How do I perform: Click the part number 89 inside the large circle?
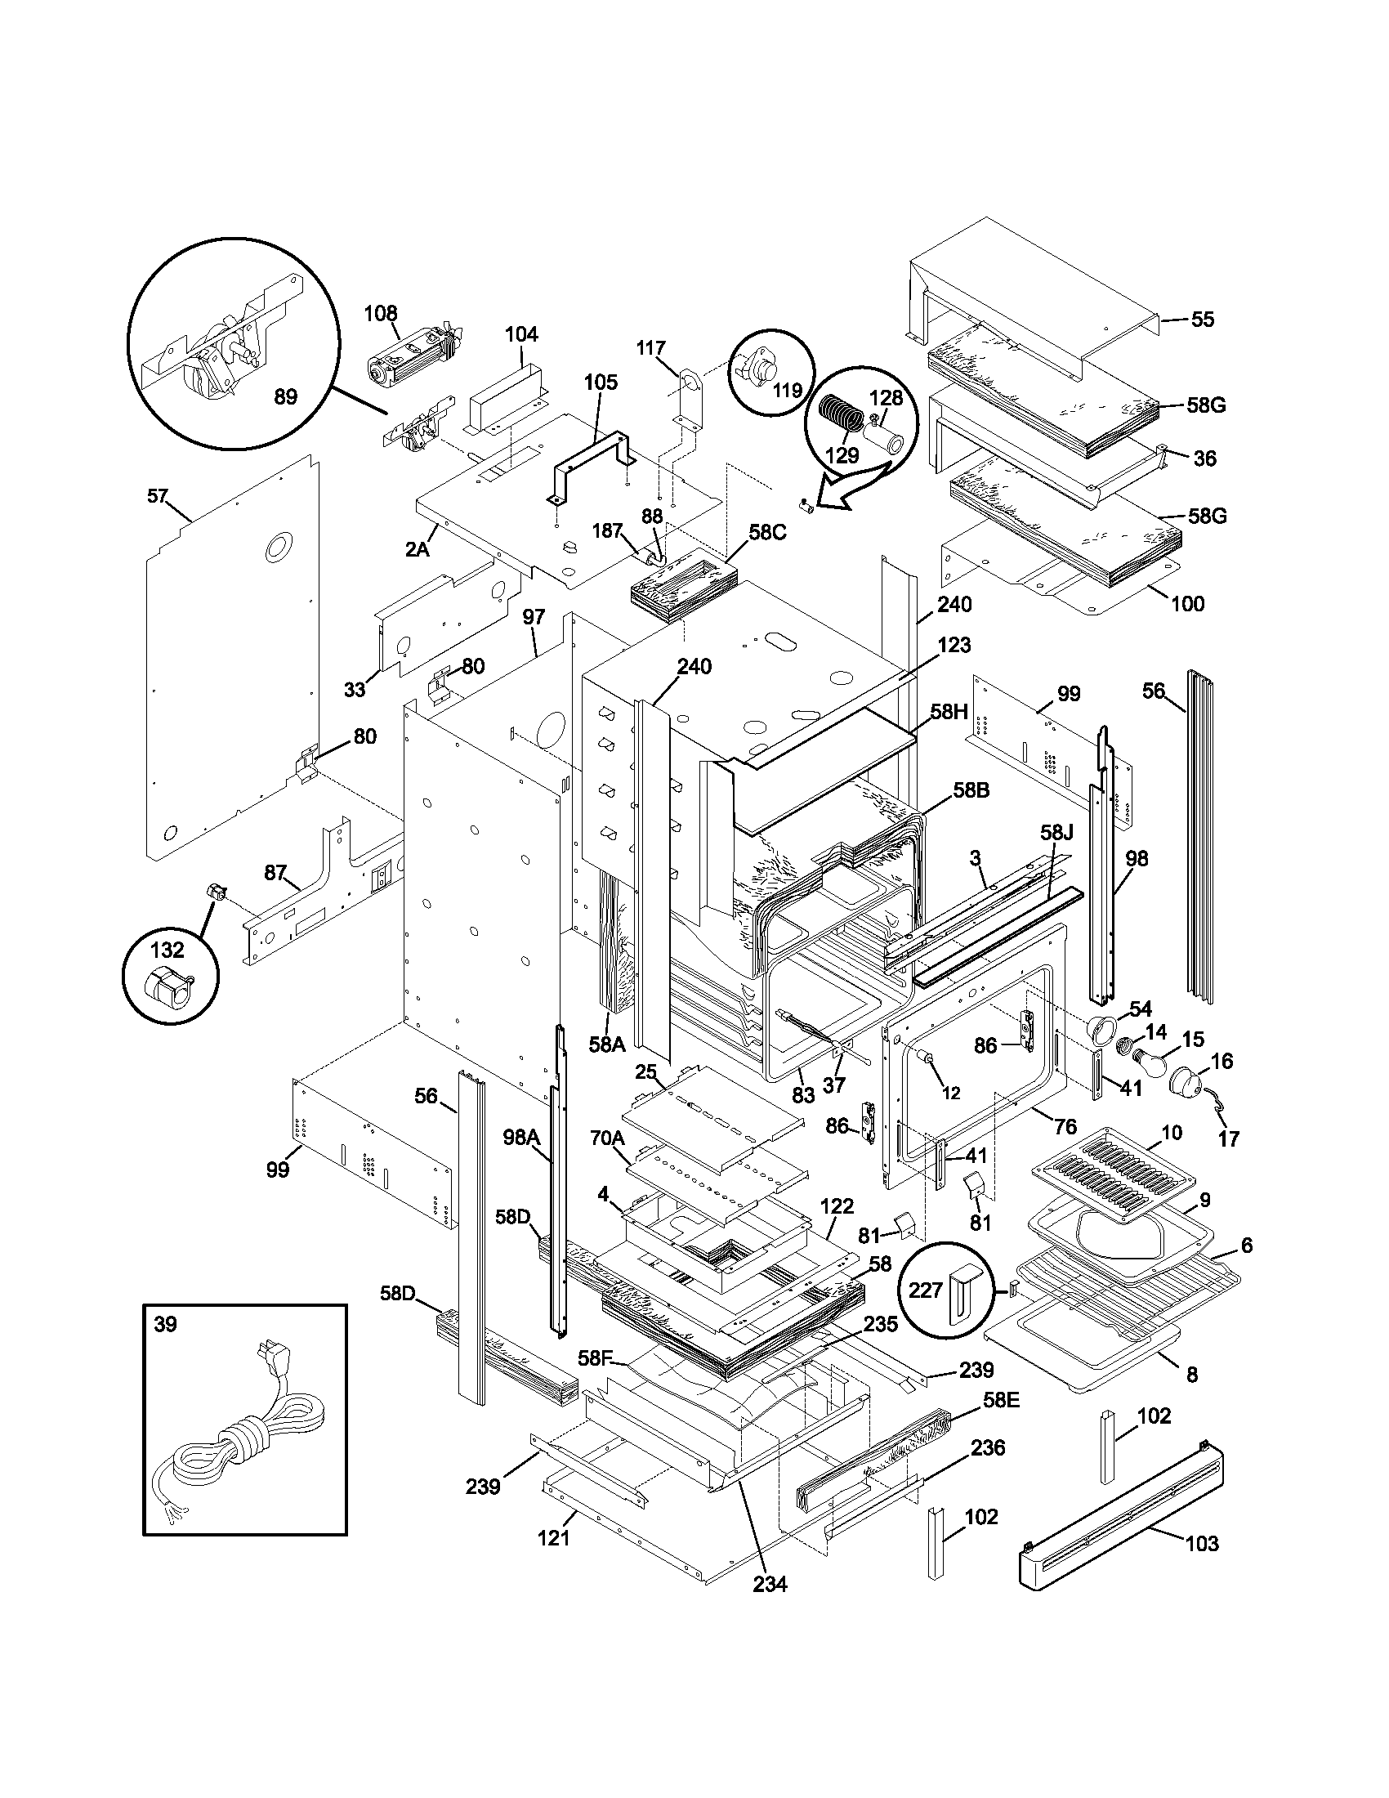point(284,397)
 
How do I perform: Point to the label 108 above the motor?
point(380,314)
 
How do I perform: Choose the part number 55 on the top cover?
point(1202,320)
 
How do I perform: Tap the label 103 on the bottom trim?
point(1201,1544)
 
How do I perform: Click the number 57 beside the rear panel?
point(157,495)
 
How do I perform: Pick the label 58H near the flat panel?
point(949,712)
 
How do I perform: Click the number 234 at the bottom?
point(770,1584)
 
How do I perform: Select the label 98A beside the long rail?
point(521,1138)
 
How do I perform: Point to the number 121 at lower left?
point(553,1537)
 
